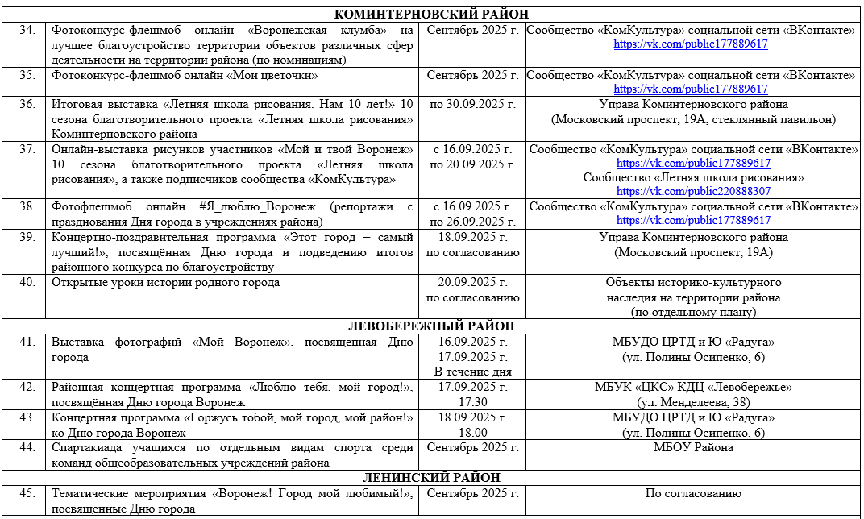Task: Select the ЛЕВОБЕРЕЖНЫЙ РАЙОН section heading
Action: coord(431,326)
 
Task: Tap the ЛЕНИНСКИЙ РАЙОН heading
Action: coord(431,478)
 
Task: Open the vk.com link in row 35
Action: coord(691,89)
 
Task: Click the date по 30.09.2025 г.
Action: coord(472,104)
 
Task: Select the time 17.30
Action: coord(472,401)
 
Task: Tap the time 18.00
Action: coord(472,433)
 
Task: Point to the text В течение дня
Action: coord(472,372)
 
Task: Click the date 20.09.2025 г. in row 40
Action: coord(472,283)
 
